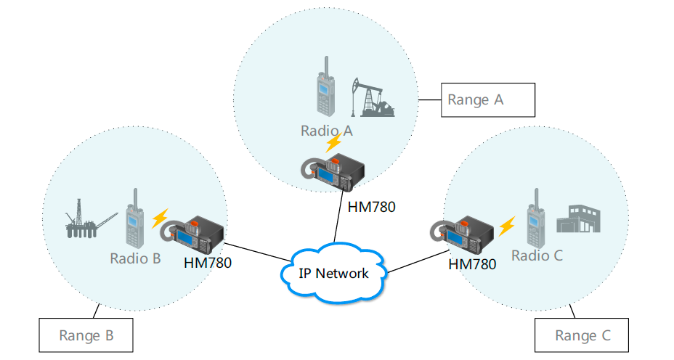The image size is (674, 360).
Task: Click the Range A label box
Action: point(487,100)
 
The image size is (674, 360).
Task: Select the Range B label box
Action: point(86,336)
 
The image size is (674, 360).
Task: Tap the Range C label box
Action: point(582,335)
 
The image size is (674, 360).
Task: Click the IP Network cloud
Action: point(333,273)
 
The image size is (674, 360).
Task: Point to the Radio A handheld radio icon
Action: point(324,94)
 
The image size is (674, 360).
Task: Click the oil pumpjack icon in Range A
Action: point(372,97)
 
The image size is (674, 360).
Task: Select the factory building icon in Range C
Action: point(579,218)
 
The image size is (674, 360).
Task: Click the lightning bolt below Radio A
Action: point(333,142)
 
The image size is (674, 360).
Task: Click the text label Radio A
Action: point(326,131)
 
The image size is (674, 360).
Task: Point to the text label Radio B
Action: point(135,258)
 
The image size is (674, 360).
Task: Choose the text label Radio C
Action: point(537,255)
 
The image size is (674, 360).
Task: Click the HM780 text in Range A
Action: point(371,207)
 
